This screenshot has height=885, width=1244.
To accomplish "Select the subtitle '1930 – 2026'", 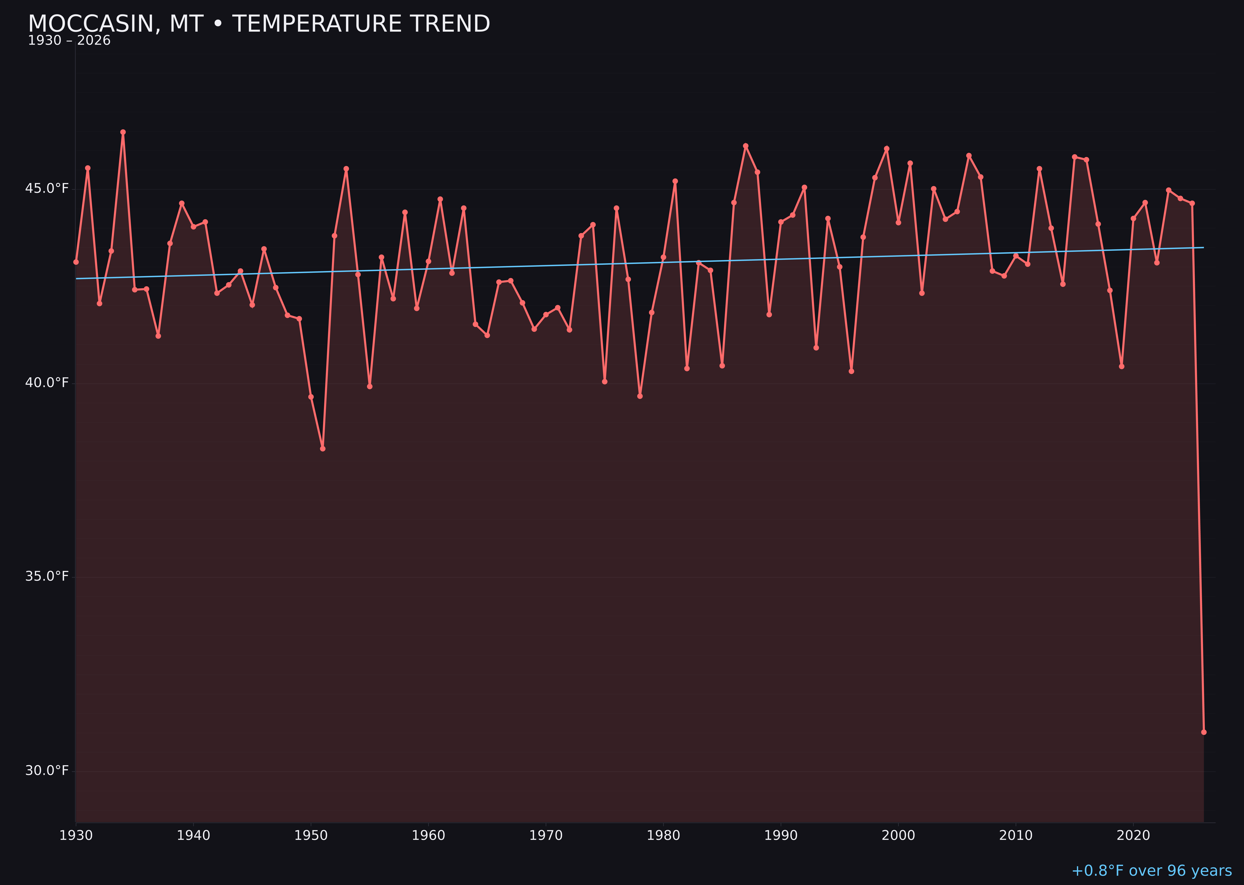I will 69,41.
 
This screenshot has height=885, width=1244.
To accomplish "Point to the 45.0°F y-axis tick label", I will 47,189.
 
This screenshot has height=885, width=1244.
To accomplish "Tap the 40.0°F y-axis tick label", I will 47,383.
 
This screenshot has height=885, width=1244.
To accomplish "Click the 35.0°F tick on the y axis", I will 47,577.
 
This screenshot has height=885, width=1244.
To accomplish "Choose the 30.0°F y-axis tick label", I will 47,770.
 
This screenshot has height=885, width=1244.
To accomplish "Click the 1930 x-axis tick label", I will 76,836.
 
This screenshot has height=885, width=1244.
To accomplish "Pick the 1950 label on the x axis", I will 311,836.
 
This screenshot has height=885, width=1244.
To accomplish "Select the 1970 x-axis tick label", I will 546,836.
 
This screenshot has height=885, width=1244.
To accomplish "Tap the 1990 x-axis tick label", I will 781,836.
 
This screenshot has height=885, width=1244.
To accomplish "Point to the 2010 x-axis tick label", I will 1016,836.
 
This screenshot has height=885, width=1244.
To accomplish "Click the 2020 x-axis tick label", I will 1133,836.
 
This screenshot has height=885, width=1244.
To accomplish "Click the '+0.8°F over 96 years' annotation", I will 1151,871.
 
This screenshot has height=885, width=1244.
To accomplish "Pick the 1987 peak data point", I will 746,146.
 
